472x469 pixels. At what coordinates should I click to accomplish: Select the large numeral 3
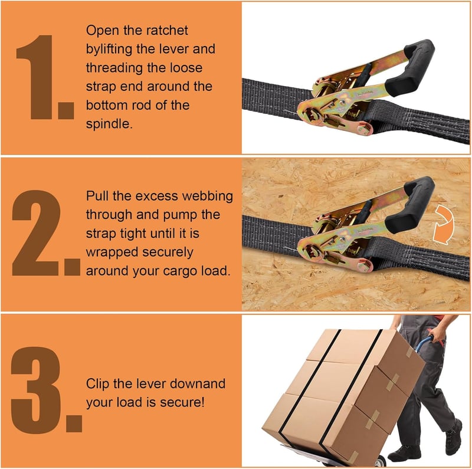pos(35,390)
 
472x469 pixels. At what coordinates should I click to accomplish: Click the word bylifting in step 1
pos(109,50)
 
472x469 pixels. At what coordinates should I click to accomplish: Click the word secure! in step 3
pos(182,402)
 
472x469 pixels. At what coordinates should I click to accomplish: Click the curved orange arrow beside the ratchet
pos(444,224)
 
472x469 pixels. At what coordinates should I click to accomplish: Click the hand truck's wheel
pos(380,461)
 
